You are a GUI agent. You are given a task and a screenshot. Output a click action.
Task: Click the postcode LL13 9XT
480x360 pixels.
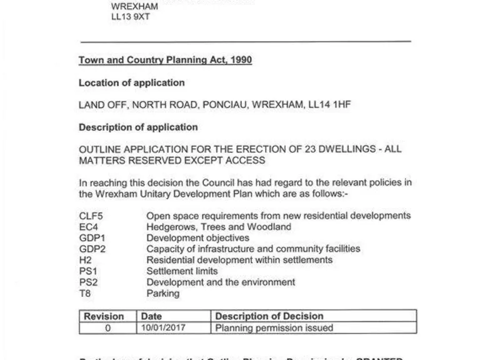coord(130,17)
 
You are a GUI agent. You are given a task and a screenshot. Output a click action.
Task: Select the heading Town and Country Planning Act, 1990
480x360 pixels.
coord(165,60)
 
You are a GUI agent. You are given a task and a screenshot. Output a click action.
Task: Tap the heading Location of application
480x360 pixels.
coord(131,82)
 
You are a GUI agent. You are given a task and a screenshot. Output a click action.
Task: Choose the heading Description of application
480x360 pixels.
coord(138,127)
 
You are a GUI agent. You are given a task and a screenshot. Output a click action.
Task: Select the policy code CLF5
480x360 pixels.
coord(91,216)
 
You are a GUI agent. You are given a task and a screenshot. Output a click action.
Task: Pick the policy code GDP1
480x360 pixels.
coord(91,238)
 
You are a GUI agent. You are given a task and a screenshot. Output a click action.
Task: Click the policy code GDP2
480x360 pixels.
coord(91,249)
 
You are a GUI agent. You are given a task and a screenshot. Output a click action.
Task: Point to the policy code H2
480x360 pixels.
coord(85,260)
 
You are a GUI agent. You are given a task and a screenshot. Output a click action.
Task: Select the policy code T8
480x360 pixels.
coord(85,293)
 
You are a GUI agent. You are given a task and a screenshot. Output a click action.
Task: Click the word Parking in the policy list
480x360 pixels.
coord(162,293)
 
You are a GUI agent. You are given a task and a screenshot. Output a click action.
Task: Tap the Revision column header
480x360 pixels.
coord(104,316)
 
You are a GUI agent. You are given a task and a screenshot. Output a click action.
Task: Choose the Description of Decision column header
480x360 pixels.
coord(269,316)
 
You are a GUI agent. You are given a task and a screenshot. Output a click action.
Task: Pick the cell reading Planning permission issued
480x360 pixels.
coord(274,327)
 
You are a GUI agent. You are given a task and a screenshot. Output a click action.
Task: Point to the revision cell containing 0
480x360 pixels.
coord(107,327)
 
